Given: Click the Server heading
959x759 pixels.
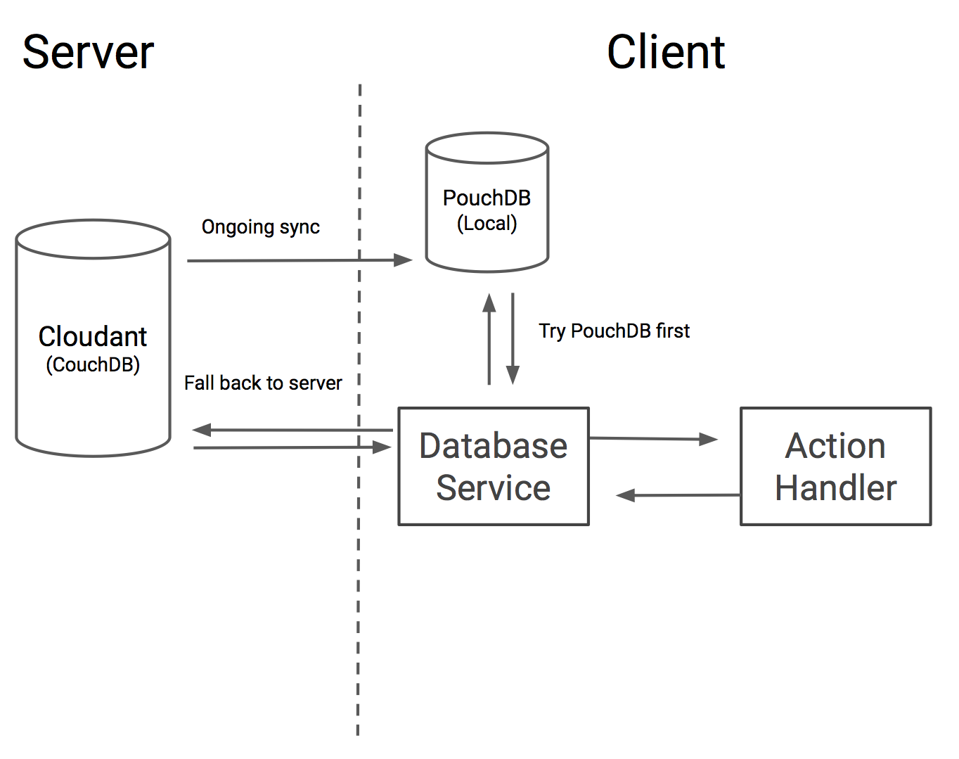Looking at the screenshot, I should pos(88,53).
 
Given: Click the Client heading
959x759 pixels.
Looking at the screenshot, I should pos(665,53).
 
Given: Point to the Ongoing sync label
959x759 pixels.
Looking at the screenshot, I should pos(260,227).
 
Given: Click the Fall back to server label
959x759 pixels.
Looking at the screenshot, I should pos(263,383).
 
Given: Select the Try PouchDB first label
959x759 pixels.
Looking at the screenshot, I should pos(614,331).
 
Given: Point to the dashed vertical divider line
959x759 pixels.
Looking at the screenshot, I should pos(359,598).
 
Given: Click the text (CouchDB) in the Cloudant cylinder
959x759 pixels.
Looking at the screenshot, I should pos(93,364).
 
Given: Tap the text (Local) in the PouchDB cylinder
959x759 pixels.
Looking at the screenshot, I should pos(487,224).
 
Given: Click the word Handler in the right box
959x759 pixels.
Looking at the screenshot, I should pos(835,487).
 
